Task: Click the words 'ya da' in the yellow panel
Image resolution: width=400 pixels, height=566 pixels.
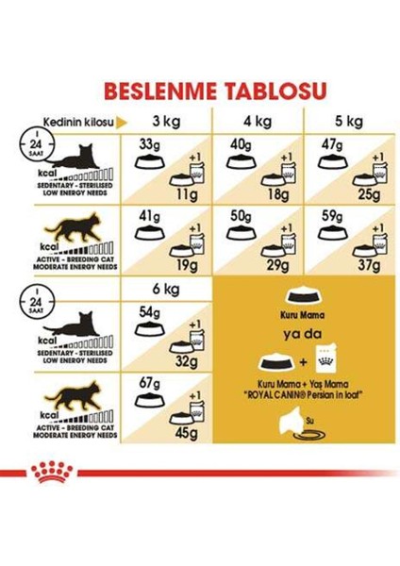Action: (292, 333)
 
